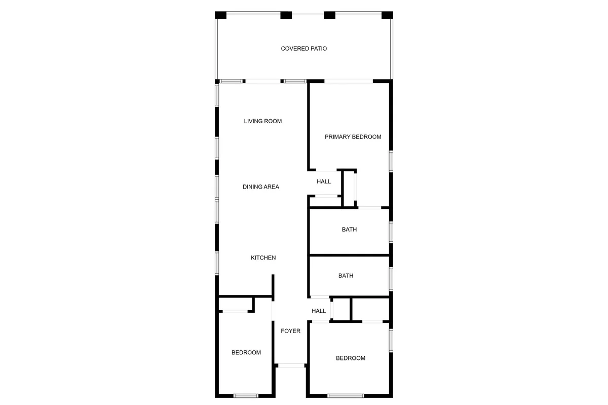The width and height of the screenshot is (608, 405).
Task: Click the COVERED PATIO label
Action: [303, 49]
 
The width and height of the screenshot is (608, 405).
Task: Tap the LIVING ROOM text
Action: [263, 121]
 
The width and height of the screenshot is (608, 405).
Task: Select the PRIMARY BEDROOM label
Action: [353, 137]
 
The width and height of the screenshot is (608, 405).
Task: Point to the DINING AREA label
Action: [261, 187]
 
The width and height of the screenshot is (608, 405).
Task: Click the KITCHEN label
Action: [263, 258]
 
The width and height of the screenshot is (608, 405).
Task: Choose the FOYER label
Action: [290, 331]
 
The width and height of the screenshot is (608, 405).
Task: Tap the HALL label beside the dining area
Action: [324, 181]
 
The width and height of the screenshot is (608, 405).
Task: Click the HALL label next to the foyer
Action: [319, 311]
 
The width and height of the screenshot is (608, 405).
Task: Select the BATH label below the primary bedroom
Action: [349, 230]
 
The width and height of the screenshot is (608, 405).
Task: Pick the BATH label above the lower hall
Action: [346, 276]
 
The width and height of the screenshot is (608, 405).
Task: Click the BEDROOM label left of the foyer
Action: [246, 353]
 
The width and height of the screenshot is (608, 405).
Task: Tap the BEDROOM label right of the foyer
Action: [351, 358]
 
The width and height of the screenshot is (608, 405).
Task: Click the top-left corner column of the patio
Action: [221, 15]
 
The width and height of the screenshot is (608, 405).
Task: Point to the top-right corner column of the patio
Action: [387, 15]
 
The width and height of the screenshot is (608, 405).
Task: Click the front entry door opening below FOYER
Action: [291, 365]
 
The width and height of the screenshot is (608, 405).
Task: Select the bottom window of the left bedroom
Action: [246, 396]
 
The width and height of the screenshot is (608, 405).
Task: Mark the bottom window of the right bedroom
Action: [346, 396]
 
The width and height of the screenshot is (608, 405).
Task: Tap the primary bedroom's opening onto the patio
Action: [349, 81]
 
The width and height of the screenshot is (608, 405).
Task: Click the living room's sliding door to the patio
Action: [263, 81]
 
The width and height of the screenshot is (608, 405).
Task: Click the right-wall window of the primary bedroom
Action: [391, 161]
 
